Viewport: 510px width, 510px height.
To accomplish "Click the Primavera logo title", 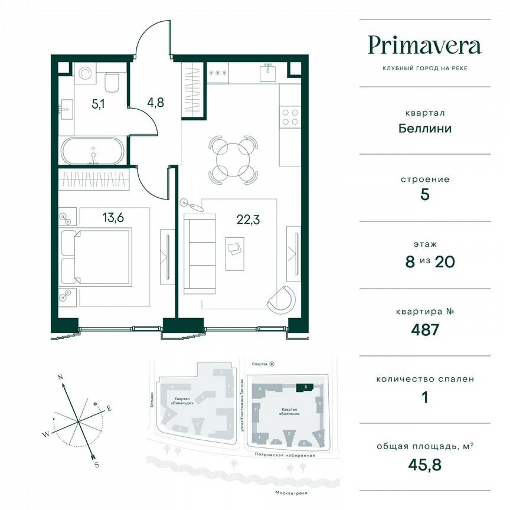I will [x=424, y=45].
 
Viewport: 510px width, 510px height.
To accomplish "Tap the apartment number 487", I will [x=425, y=329].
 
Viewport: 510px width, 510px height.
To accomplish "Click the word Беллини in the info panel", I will [x=425, y=128].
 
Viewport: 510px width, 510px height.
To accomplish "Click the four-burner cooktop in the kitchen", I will [x=289, y=116].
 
